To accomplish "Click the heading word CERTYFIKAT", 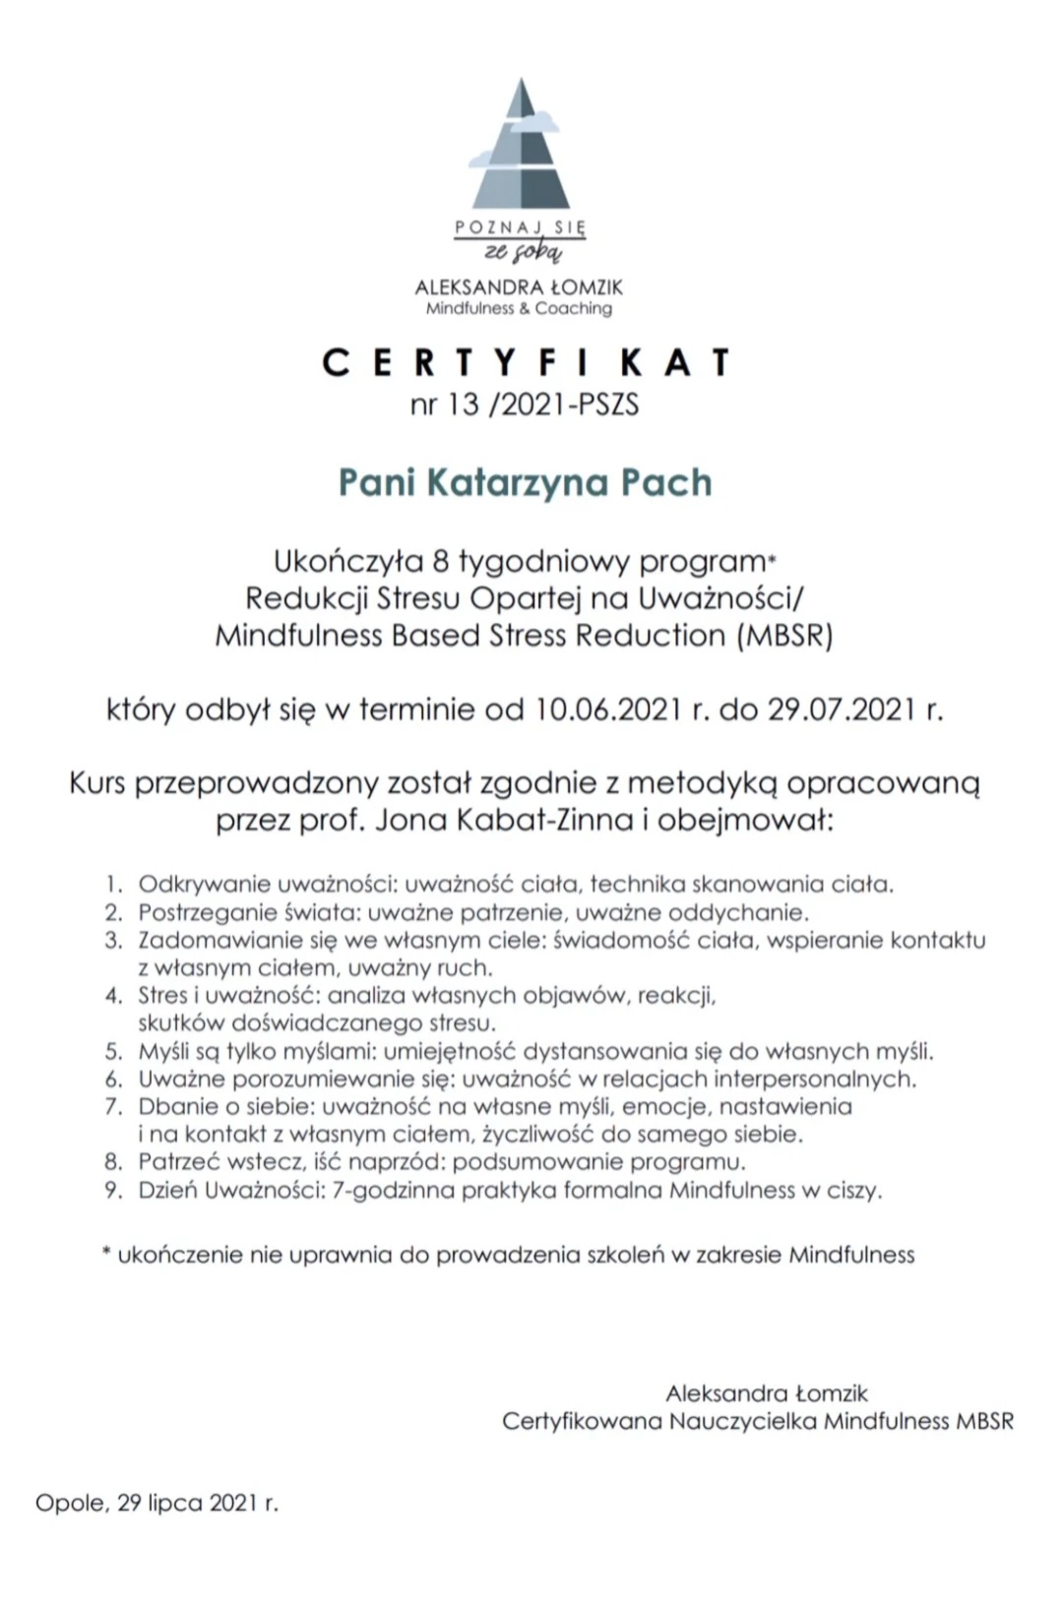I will (x=526, y=363).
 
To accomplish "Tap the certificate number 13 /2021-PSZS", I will (x=525, y=404).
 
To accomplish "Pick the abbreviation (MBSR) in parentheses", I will (x=783, y=636).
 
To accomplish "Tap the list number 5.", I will (x=114, y=1051).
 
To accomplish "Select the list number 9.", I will (x=114, y=1191).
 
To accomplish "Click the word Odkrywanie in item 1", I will (x=204, y=884).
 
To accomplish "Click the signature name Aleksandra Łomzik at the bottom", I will (x=766, y=1393).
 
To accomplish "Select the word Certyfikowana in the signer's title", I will (x=581, y=1421).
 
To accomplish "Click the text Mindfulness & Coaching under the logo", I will (x=519, y=309).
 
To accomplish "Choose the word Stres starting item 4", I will (x=162, y=995).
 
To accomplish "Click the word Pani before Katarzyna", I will (x=377, y=482).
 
